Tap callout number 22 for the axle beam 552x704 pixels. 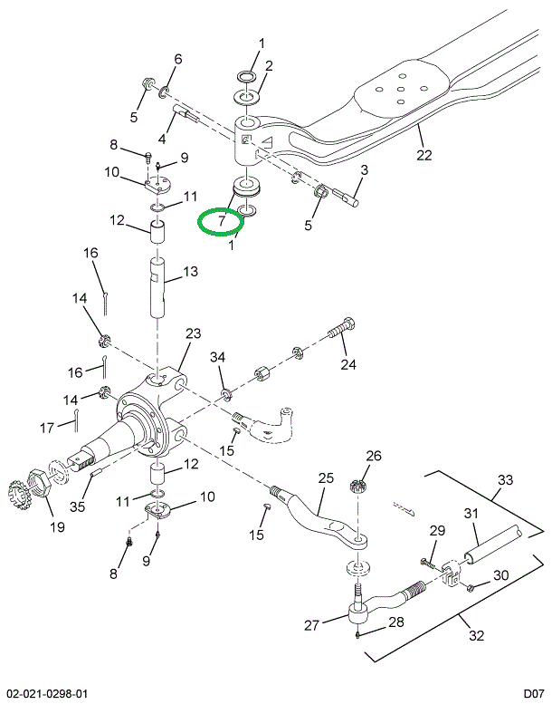(x=424, y=154)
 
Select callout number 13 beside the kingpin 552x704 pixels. (x=190, y=272)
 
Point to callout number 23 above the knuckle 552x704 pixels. (x=193, y=334)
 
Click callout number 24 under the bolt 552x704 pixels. (x=348, y=365)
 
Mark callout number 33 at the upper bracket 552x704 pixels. (x=505, y=479)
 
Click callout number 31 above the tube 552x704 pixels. (x=471, y=514)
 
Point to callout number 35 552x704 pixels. (x=79, y=507)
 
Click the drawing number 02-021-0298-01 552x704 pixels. (x=45, y=693)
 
